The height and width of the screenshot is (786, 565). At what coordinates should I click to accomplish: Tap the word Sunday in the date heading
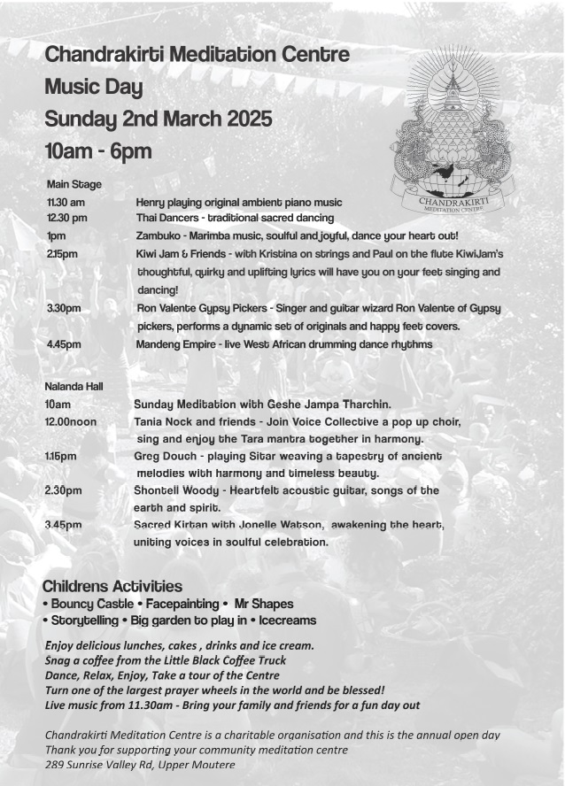point(80,119)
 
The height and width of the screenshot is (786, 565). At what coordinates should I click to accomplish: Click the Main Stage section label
point(74,184)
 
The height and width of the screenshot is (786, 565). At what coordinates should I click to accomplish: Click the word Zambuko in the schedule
point(162,236)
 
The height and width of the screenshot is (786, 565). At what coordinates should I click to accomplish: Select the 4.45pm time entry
point(65,344)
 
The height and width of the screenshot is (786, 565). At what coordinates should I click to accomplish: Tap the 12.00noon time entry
point(71,422)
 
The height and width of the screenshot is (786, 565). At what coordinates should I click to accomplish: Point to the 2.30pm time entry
point(63,490)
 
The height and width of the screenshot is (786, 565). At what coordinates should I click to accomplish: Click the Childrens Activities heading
point(112,586)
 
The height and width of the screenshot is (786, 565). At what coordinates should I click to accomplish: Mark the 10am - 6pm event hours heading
point(98,151)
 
